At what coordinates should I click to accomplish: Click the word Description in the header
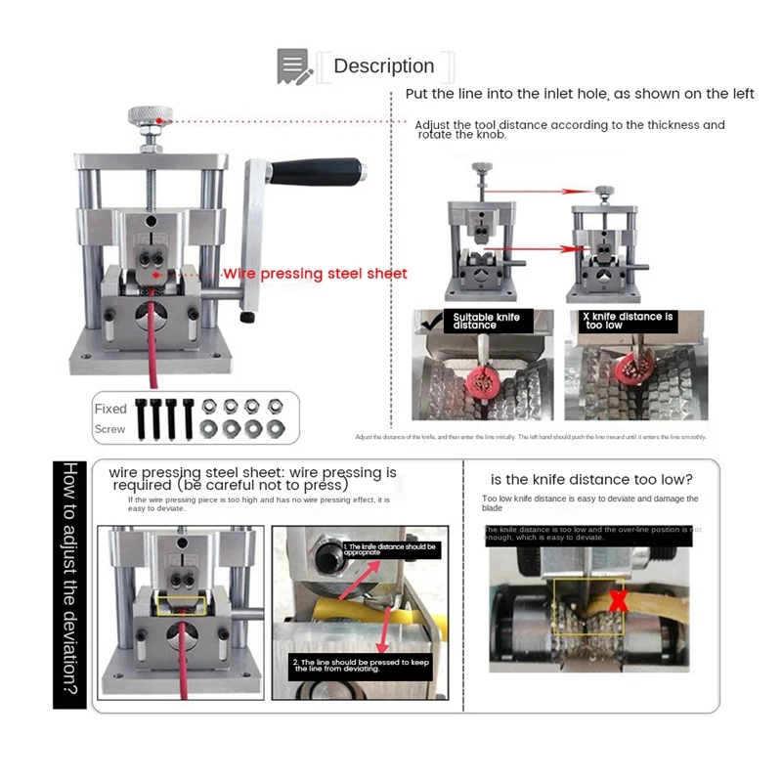383,66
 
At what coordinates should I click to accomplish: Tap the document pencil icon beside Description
293,66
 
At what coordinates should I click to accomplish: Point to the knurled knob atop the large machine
151,118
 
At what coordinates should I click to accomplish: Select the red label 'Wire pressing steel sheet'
315,274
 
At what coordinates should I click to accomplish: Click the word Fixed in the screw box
110,409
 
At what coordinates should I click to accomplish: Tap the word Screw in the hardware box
110,429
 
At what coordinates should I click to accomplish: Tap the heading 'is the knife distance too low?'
591,479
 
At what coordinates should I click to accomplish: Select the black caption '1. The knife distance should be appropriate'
388,550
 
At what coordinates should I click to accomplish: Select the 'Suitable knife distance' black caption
486,321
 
